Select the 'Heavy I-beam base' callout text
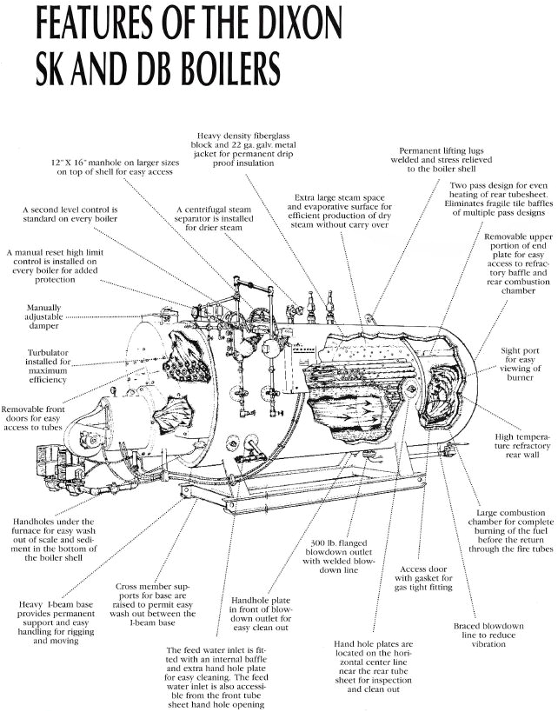coord(54,622)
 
